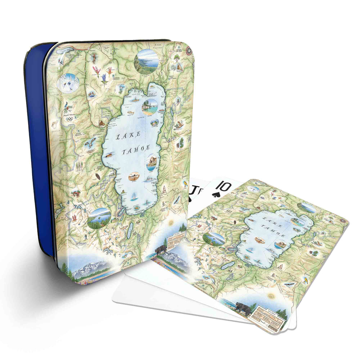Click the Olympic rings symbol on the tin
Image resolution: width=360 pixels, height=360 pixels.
pos(69,119)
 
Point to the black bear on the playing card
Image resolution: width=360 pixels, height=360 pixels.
pos(245,307)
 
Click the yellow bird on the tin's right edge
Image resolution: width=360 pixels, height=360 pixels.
pos(185,184)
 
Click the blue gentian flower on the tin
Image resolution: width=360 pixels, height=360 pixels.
pos(104,77)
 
